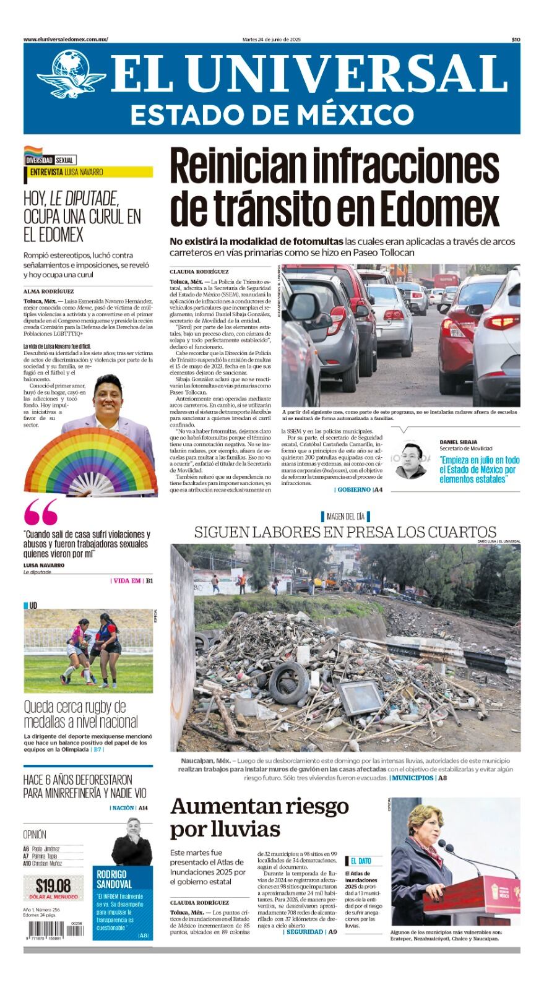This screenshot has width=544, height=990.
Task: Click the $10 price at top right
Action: click(515, 39)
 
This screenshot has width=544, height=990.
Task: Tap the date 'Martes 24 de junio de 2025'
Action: click(272, 39)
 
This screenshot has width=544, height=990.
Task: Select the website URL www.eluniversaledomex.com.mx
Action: click(66, 39)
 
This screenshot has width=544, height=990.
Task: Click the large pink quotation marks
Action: click(41, 513)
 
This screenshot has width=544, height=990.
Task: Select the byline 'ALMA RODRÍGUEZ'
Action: click(48, 291)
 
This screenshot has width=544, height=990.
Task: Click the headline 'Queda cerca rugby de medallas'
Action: click(80, 714)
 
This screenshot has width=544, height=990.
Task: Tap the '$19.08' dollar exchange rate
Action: click(53, 885)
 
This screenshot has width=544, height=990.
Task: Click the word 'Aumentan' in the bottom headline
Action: click(227, 806)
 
